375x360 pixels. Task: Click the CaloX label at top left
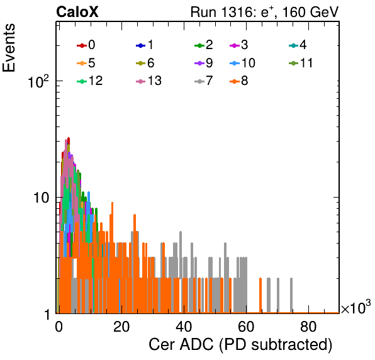click(77, 12)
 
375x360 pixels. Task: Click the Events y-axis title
click(9, 48)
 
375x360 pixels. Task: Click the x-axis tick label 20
click(121, 327)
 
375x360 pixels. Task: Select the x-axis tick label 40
click(184, 327)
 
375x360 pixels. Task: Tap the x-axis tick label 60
click(246, 327)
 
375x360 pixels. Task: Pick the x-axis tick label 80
click(308, 327)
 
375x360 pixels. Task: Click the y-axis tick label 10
click(42, 198)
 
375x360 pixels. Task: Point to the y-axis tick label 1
click(47, 315)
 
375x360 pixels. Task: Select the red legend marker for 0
click(82, 45)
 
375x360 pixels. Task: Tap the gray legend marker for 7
click(199, 82)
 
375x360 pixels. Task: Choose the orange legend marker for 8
click(235, 82)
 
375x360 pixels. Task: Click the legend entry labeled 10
click(242, 63)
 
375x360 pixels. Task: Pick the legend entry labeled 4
click(298, 45)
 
